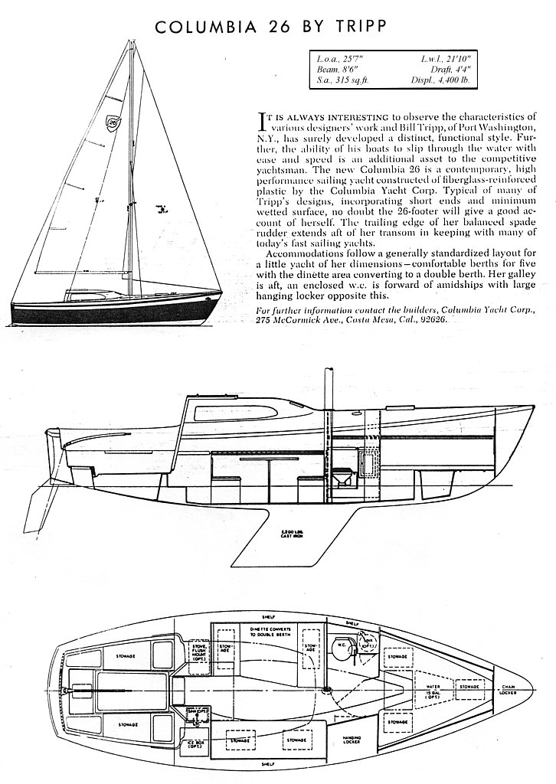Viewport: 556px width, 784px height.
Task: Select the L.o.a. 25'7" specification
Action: [x=339, y=57]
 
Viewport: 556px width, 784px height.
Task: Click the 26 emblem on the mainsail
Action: [x=113, y=120]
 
